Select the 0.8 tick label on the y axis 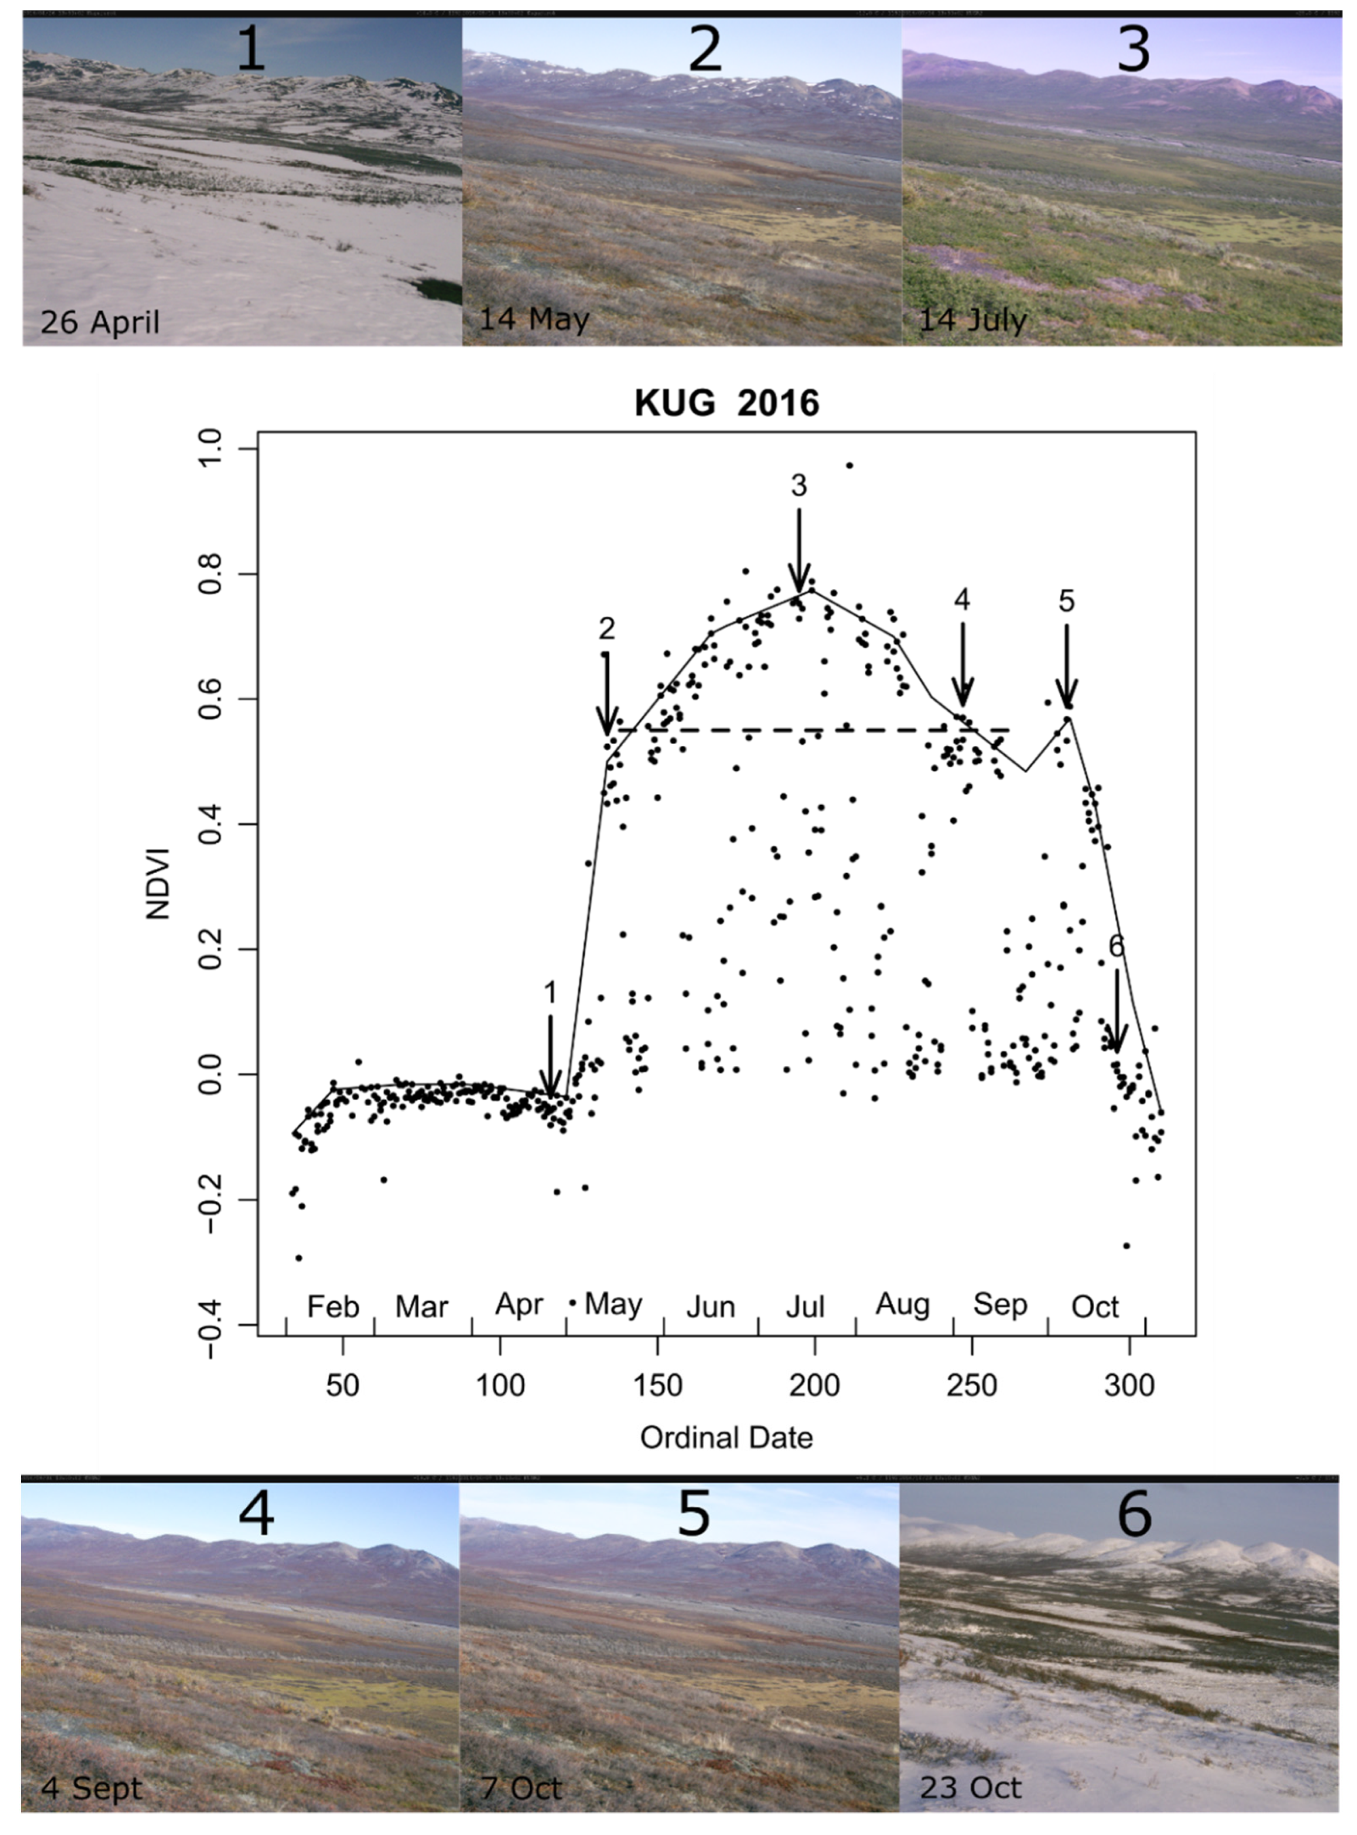[210, 574]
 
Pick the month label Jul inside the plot [804, 1307]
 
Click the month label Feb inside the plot [333, 1306]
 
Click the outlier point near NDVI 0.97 [849, 466]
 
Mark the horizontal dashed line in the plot [813, 730]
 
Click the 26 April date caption [100, 322]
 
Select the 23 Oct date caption [970, 1787]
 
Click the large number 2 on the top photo [704, 49]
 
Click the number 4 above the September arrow [962, 600]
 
